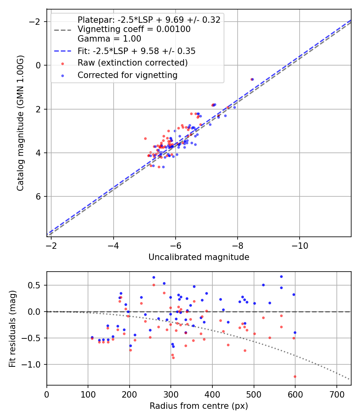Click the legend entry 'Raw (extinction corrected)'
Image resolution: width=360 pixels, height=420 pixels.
[132, 63]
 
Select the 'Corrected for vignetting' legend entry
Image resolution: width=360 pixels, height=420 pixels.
[128, 75]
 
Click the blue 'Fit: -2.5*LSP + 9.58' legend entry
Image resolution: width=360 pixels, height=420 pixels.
[136, 51]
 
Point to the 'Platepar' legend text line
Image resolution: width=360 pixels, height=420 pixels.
[149, 20]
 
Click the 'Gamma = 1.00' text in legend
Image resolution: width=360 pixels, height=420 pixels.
[109, 39]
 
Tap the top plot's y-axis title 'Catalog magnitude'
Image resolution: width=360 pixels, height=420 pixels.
[20, 123]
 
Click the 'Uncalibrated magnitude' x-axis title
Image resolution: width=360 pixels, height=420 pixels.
[199, 257]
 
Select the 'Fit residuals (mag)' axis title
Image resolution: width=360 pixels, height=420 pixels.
[12, 328]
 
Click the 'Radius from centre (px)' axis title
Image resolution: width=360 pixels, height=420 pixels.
[199, 406]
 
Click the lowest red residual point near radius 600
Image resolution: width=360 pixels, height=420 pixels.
[295, 376]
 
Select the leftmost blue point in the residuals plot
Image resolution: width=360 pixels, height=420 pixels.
[92, 337]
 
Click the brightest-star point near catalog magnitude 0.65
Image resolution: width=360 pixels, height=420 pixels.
[252, 79]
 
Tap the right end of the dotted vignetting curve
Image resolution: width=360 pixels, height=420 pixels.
[350, 379]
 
